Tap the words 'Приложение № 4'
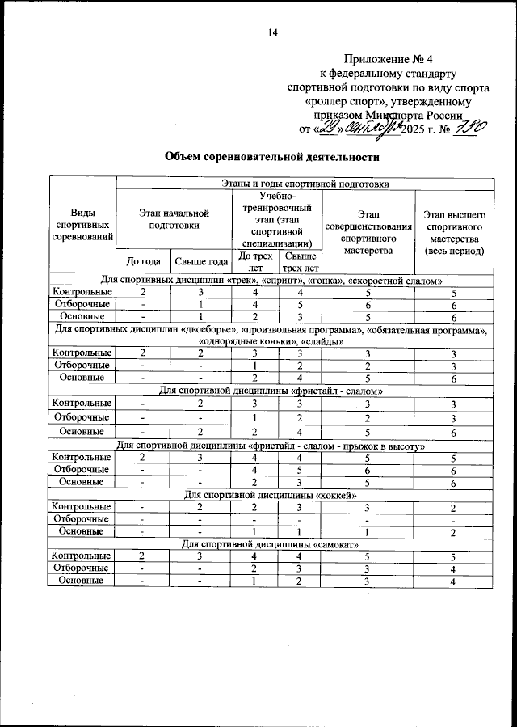382,58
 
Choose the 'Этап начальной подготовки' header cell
174,218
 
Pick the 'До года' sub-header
145,261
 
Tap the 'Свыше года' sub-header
202,261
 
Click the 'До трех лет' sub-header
256,261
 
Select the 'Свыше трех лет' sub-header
300,261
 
